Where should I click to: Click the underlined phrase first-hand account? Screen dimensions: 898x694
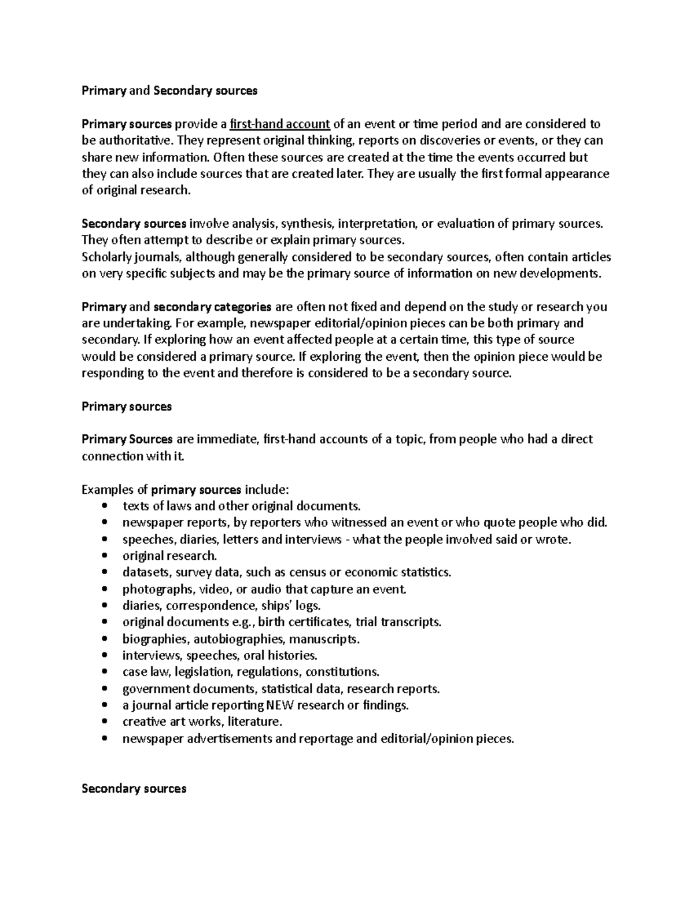tap(280, 124)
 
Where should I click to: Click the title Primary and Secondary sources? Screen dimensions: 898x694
tap(169, 91)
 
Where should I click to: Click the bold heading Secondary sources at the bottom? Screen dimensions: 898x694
tap(134, 789)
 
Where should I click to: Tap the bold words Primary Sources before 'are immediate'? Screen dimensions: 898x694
tap(127, 439)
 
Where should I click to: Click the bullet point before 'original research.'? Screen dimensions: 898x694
tap(104, 556)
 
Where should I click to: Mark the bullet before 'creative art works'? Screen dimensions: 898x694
tap(104, 722)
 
